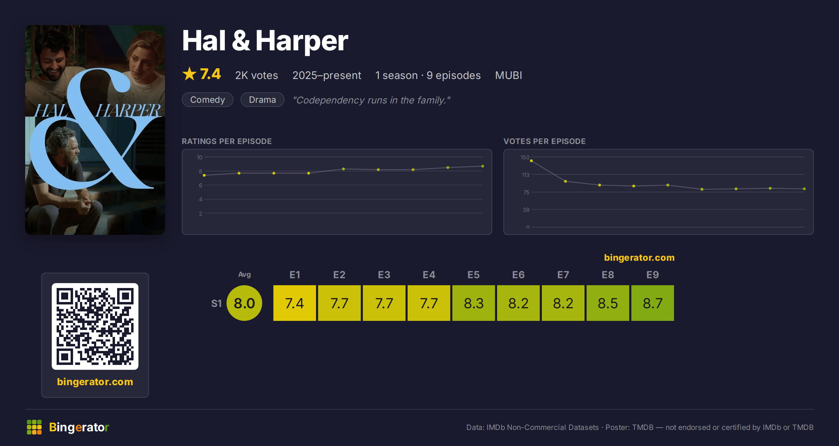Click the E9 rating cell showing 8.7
[x=653, y=303]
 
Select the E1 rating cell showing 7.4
[x=295, y=303]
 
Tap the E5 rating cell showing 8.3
[x=474, y=303]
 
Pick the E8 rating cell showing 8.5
[x=608, y=303]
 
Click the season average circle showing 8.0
[x=244, y=303]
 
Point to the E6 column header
[x=518, y=275]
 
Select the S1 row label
[x=216, y=303]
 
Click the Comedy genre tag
[x=208, y=100]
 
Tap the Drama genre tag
[x=263, y=100]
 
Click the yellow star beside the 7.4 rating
[x=189, y=74]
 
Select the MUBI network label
[x=509, y=75]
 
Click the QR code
[x=95, y=326]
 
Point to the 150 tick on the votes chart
[x=525, y=157]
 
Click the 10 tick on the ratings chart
[x=199, y=157]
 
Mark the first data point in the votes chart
[x=531, y=161]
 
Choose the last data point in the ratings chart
[x=483, y=166]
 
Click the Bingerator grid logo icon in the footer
[x=34, y=427]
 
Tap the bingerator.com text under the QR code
[x=95, y=382]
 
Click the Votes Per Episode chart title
[x=544, y=141]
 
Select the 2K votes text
[x=257, y=75]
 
